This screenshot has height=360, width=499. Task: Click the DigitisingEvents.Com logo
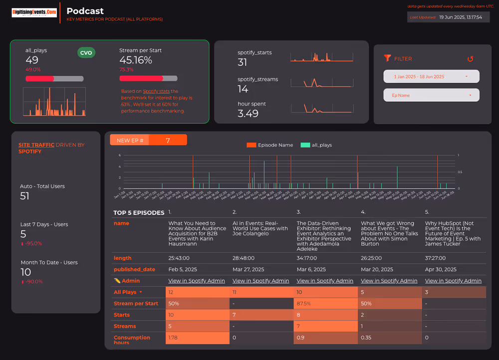point(34,12)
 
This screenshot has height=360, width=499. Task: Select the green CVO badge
point(86,53)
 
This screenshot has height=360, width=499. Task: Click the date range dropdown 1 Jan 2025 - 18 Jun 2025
point(431,76)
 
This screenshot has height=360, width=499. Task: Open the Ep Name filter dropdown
point(431,95)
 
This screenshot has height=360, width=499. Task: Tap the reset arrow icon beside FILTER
point(470,59)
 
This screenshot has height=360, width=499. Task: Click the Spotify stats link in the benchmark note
point(156,91)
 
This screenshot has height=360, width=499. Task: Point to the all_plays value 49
point(32,60)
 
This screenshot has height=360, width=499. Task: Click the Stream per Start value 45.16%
point(136,60)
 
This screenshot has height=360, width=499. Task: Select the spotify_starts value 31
point(243,62)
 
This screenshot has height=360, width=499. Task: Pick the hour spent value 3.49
point(248,114)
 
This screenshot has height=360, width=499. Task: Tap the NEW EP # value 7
point(168,141)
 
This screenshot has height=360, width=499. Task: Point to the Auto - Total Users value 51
point(25,196)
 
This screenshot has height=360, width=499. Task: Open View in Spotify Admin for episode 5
point(453,281)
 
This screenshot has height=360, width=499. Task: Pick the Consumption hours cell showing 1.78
point(173,338)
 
